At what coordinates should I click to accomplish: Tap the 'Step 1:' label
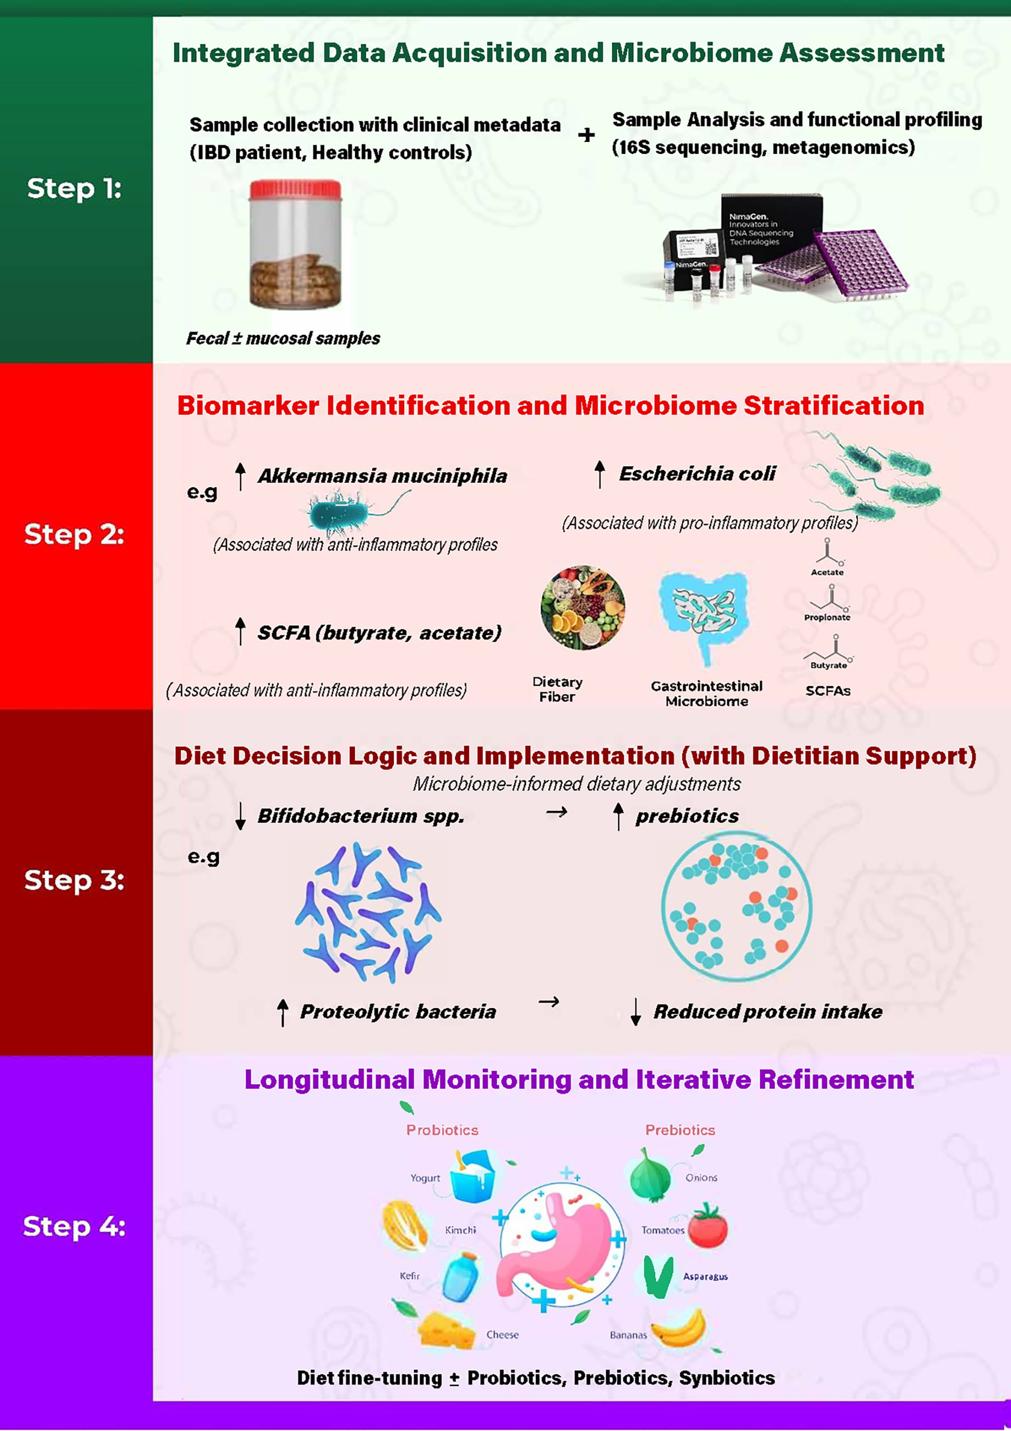(x=74, y=188)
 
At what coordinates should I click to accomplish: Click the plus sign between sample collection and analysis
(x=586, y=135)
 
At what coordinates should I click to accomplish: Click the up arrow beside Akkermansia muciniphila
(x=240, y=476)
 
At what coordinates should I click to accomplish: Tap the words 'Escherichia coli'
(x=697, y=474)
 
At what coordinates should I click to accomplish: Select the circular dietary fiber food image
(x=583, y=608)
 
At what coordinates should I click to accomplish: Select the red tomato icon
(x=708, y=1226)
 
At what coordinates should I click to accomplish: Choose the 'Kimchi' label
(x=461, y=1230)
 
